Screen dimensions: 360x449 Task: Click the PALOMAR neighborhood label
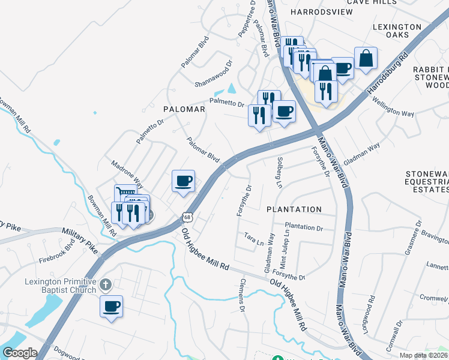coord(184,110)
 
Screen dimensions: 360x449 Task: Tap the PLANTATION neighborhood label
coord(294,209)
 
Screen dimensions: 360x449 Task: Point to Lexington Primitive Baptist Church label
coord(60,286)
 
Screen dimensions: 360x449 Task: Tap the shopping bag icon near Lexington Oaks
coord(366,58)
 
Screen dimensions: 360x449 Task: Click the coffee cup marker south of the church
coord(112,307)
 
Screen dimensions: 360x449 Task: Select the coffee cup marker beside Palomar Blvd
coord(184,181)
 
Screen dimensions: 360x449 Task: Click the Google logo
coord(19,353)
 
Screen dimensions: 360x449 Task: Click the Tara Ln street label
coord(254,239)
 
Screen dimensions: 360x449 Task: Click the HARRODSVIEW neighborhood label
coord(317,11)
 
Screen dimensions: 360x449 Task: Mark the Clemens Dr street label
coord(243,295)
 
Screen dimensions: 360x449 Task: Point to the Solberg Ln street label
coord(279,172)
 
